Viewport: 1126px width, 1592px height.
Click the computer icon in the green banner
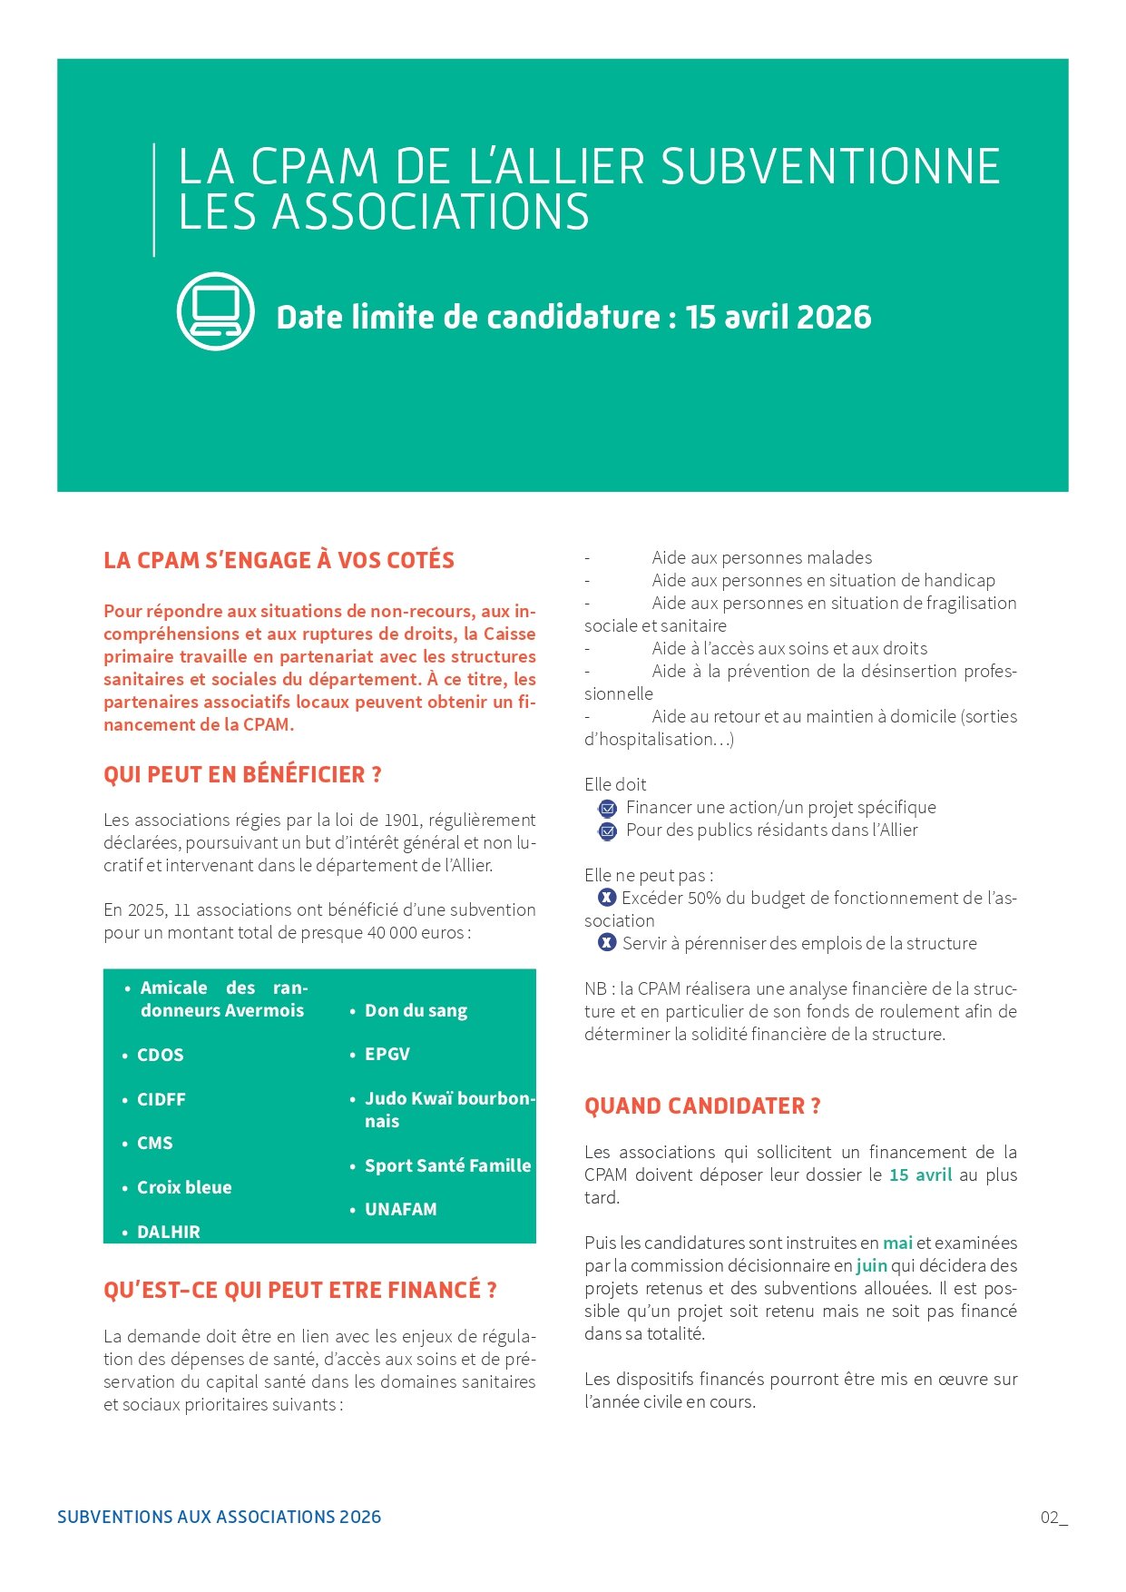point(215,311)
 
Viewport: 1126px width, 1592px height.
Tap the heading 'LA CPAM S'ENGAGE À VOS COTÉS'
point(279,560)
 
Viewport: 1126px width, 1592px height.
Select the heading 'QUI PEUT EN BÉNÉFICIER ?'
point(242,774)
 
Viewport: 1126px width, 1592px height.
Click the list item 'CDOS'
point(160,1055)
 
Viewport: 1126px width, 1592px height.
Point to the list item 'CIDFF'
point(161,1099)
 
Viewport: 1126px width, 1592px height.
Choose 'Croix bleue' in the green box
point(184,1187)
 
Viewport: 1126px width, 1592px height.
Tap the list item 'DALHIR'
point(168,1232)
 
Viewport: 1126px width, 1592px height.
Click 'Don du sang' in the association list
point(416,1010)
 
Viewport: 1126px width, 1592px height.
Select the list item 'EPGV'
point(387,1054)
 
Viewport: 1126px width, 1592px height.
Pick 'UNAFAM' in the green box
point(401,1209)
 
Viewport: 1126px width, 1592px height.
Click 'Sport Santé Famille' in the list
point(447,1165)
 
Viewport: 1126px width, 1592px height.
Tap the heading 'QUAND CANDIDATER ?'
point(702,1106)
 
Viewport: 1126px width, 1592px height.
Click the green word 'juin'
point(871,1265)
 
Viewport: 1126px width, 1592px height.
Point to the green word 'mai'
point(897,1243)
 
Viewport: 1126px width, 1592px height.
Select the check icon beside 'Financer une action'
point(607,808)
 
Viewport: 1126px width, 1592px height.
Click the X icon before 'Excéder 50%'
point(607,898)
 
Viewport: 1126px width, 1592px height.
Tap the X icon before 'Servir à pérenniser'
point(607,943)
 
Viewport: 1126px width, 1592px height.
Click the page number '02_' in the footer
point(1053,1518)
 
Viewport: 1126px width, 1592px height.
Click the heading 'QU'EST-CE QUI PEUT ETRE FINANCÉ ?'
point(299,1290)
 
